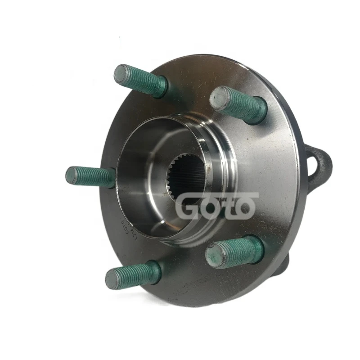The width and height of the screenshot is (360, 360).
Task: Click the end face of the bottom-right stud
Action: pos(215,255)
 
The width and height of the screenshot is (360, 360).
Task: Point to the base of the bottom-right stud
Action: pos(256,248)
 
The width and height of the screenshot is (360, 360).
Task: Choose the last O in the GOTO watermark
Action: pos(245,207)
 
